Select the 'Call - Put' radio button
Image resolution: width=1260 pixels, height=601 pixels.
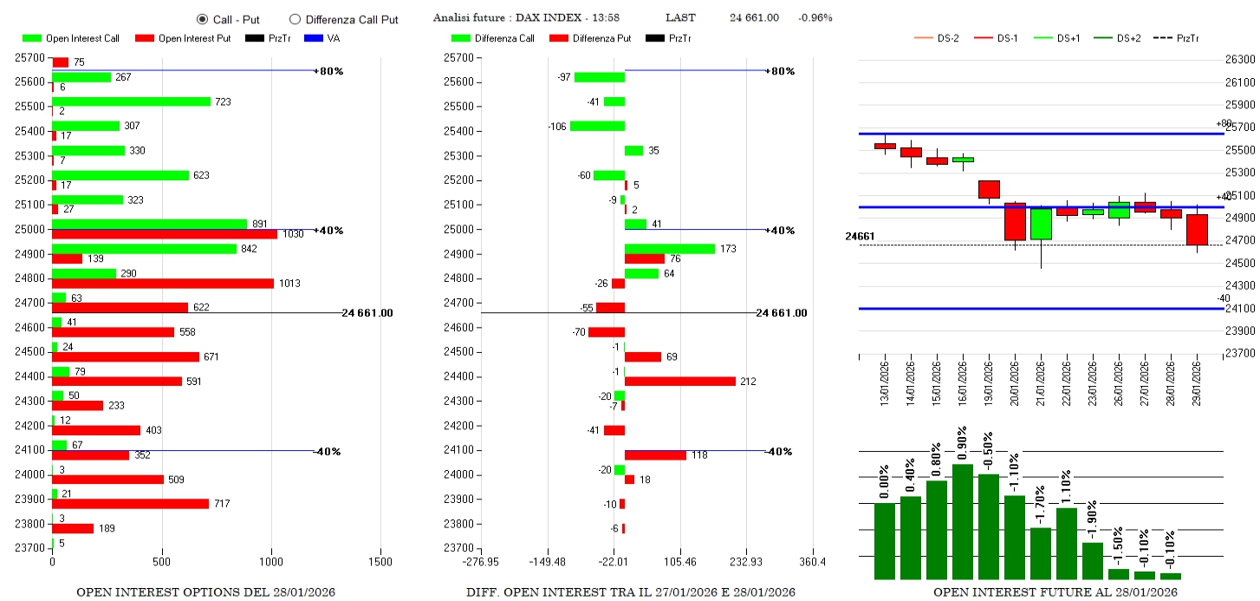[x=203, y=19]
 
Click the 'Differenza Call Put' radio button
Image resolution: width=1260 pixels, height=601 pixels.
[x=295, y=19]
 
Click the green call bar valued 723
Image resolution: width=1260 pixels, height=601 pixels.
[x=131, y=101]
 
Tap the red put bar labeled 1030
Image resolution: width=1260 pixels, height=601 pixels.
[x=165, y=234]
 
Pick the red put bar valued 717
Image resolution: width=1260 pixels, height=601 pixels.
[x=130, y=504]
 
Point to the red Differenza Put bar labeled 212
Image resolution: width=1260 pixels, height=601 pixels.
[x=680, y=382]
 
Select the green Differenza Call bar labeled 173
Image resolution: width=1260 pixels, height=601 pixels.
[x=670, y=249]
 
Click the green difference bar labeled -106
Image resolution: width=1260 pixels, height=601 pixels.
[x=597, y=127]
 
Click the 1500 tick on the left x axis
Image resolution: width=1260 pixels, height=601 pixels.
[x=381, y=562]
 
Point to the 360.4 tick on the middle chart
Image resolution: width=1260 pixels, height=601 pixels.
[x=813, y=562]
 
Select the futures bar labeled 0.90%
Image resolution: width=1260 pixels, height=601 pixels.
[x=963, y=521]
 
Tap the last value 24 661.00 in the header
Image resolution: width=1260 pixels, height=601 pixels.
[x=754, y=18]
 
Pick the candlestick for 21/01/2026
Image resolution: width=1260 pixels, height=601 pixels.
[x=1041, y=224]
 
